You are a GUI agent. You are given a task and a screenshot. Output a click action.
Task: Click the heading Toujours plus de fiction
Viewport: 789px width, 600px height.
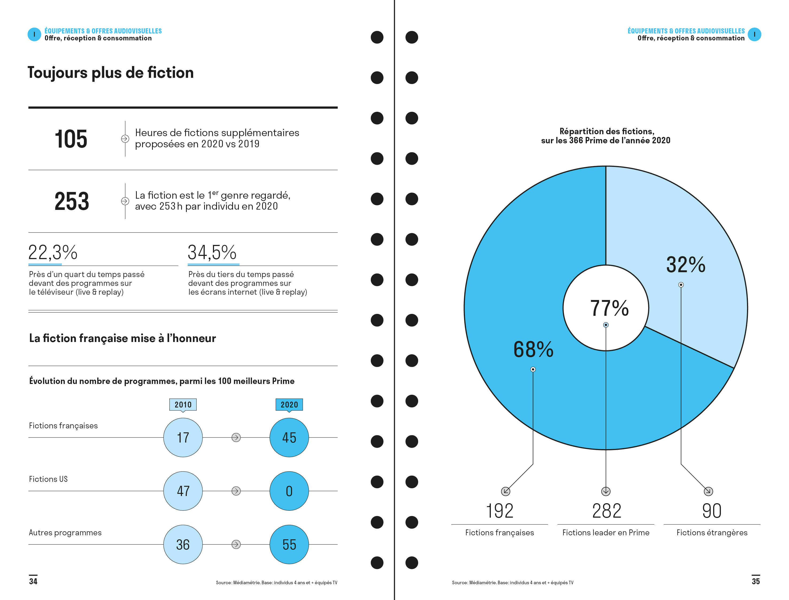click(111, 73)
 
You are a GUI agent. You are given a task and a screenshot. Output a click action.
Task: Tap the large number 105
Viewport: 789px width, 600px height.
click(71, 139)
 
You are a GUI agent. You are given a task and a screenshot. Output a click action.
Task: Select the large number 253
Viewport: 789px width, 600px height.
click(72, 201)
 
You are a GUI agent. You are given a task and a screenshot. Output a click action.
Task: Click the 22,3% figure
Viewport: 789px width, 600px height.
click(53, 252)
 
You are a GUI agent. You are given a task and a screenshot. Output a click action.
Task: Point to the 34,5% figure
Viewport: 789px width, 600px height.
click(212, 252)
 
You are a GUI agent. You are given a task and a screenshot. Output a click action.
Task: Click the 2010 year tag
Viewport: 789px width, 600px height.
click(183, 405)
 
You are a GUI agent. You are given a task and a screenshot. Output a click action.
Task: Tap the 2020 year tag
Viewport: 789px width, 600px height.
click(289, 405)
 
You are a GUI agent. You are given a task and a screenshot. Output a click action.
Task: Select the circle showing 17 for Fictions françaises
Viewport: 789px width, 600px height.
click(183, 437)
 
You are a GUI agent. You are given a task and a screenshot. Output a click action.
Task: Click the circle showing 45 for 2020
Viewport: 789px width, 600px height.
click(289, 437)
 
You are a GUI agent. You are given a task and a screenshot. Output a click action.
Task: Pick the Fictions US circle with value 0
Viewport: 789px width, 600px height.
click(289, 491)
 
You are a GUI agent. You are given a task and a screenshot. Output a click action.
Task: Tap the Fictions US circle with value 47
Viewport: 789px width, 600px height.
click(183, 491)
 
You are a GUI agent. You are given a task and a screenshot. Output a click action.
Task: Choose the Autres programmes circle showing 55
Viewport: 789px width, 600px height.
click(289, 545)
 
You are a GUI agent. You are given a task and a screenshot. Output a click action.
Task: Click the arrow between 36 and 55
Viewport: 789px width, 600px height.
click(236, 545)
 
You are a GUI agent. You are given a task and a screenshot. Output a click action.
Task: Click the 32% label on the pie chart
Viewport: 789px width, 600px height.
click(686, 265)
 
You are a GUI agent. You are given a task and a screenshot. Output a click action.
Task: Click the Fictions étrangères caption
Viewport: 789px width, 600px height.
click(712, 533)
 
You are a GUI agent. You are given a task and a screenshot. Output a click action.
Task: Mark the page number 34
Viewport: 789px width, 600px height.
click(33, 581)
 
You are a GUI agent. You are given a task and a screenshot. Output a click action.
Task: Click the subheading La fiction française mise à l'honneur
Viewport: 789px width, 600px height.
click(122, 338)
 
